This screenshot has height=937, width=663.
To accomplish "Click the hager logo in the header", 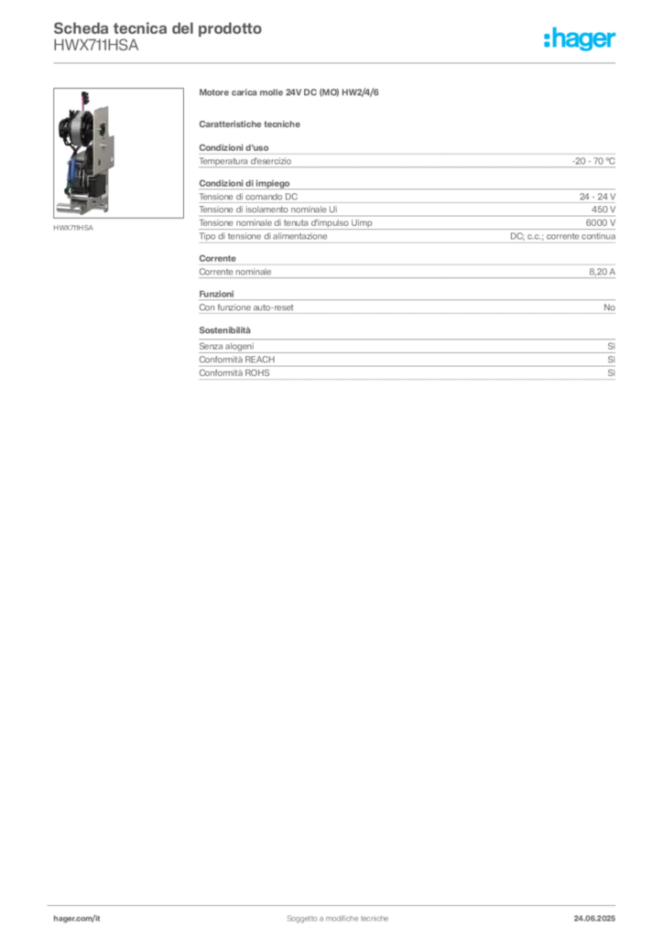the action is pos(579,39).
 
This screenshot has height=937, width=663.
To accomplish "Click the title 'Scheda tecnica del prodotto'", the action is pos(158,28).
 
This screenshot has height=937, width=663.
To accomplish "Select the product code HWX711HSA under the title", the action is pos(95,45).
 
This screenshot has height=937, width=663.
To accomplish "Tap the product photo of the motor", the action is pos(118,153).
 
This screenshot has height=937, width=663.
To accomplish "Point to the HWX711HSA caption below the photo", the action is pos(73,228).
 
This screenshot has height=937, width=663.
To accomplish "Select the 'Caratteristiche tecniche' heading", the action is pos(249,124).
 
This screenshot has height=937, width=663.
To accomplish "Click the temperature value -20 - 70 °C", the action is pos(593,161).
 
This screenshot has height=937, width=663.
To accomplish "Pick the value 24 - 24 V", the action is pos(597,197).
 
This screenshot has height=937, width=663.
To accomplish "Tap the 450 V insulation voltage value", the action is pos(603,210).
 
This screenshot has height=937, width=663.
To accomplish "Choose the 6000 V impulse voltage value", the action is pos(600,223).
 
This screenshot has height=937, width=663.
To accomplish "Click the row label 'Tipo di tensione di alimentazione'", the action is pos(263,236).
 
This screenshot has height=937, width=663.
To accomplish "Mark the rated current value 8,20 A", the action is pos(602,272).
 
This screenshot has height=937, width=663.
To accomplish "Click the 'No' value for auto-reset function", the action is pos(609,307).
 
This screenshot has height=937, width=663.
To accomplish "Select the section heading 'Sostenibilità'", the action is pos(224,329).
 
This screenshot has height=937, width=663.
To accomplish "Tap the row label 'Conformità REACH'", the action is pos(237,360).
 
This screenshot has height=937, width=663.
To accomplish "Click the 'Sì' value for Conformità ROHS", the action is pos(611,373).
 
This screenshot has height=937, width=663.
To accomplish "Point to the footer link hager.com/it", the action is pos(77,919).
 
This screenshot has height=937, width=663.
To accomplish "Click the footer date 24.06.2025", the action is pos(594,919).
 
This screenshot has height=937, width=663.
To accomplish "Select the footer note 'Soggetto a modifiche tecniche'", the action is pos(337,919).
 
